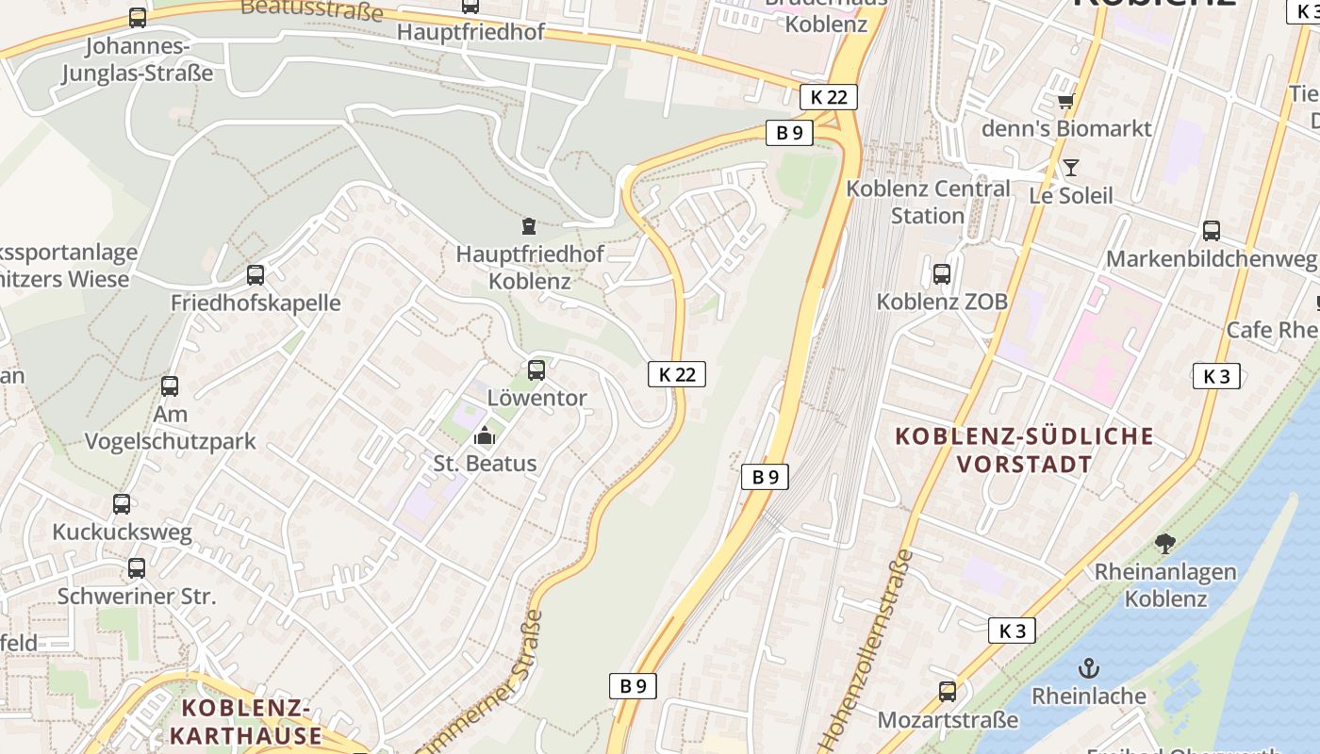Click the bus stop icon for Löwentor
tap(536, 370)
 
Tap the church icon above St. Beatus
tap(485, 435)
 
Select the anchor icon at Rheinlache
tap(1089, 668)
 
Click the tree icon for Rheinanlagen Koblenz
tap(1165, 544)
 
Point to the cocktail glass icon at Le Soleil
tap(1071, 168)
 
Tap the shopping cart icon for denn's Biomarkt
tap(1065, 101)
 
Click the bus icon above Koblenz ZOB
tap(942, 274)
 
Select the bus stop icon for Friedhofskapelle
tap(256, 275)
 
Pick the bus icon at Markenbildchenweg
tap(1212, 231)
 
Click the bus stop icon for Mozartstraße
tap(948, 692)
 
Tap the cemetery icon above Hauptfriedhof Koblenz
tap(529, 226)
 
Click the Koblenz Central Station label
tap(928, 202)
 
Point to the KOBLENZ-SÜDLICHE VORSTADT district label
tap(1024, 450)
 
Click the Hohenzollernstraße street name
tap(867, 650)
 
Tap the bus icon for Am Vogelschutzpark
tap(170, 386)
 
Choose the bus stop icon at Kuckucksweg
tap(122, 504)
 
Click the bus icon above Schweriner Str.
tap(137, 568)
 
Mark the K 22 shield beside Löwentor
tap(677, 374)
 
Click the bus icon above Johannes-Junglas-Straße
tap(138, 18)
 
